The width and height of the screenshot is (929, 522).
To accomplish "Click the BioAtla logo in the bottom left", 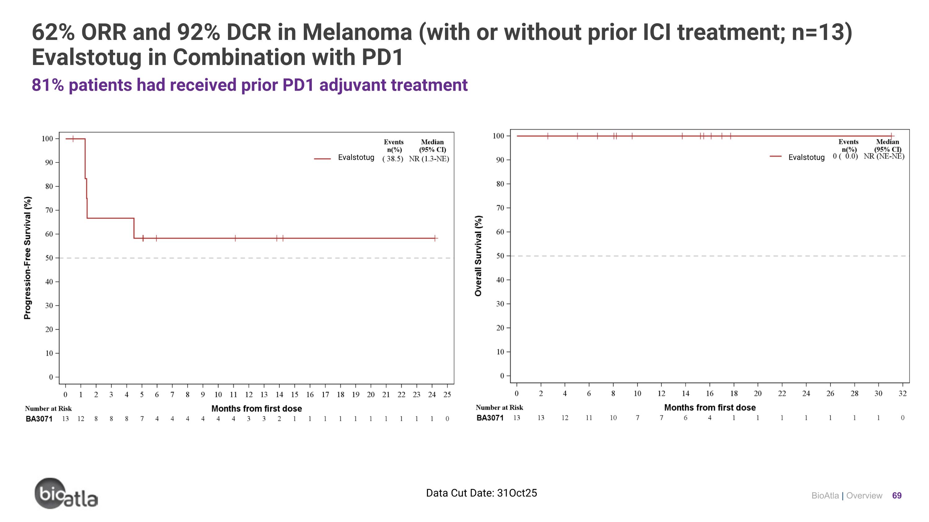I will click(66, 494).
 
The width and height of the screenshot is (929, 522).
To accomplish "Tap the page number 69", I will click(896, 496).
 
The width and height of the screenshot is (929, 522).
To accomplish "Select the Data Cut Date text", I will click(481, 493).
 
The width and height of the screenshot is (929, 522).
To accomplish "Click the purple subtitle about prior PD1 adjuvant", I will click(250, 85).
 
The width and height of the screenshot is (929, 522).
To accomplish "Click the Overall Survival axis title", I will click(478, 256).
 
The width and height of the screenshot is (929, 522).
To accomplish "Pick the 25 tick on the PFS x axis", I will click(447, 395).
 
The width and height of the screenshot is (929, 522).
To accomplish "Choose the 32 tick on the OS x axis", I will click(902, 393).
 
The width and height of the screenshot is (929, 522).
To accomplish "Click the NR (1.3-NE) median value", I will click(429, 159).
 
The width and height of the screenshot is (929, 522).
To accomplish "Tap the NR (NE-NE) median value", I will click(884, 156).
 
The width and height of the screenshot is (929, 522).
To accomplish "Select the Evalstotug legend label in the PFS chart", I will click(356, 157).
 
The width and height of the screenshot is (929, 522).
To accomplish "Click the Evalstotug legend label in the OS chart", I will click(806, 157).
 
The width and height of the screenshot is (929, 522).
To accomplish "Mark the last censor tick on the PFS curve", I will click(435, 238).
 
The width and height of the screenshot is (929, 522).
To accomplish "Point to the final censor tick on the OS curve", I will click(891, 136).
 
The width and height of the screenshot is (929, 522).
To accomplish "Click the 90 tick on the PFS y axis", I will click(49, 162).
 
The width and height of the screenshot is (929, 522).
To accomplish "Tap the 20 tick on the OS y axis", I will click(500, 328).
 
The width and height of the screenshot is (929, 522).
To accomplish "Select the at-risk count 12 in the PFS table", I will click(81, 419).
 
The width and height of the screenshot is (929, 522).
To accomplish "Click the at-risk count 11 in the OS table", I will click(589, 417).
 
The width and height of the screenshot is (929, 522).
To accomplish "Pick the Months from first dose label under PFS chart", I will click(256, 408).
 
